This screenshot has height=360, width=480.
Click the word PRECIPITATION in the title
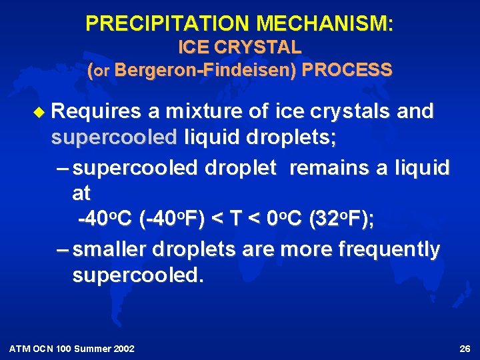click(x=168, y=24)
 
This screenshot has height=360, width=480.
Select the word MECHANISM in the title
click(x=325, y=24)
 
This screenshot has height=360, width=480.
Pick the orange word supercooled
click(x=114, y=138)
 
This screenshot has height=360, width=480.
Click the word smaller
click(x=110, y=249)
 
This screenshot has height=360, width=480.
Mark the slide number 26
click(x=465, y=349)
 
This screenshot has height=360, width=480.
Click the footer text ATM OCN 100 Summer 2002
click(x=72, y=349)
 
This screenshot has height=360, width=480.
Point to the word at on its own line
click(x=81, y=193)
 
